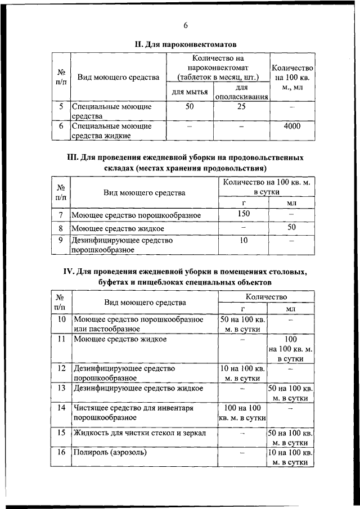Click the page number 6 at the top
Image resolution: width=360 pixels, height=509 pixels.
(x=185, y=25)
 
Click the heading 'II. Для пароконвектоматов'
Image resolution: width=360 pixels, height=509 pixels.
(x=184, y=43)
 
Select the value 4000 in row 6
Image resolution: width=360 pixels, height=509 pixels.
(x=291, y=127)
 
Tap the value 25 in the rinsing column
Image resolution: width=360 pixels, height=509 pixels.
(x=241, y=106)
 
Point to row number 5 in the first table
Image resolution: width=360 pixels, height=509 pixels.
(x=61, y=106)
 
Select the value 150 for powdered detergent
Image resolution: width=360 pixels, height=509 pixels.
(x=243, y=214)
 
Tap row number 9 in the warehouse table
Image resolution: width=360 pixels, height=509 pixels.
(x=61, y=240)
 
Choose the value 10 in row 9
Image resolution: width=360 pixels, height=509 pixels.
(x=243, y=240)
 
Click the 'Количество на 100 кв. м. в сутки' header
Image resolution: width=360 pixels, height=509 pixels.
(x=266, y=187)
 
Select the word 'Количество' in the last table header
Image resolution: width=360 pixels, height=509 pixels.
(x=266, y=296)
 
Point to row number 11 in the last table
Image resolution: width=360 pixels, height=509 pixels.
(x=61, y=340)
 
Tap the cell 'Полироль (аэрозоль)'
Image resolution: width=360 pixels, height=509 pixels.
(x=107, y=452)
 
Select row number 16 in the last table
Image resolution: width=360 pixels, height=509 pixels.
(x=61, y=452)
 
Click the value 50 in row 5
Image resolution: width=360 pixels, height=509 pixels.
(x=190, y=106)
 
